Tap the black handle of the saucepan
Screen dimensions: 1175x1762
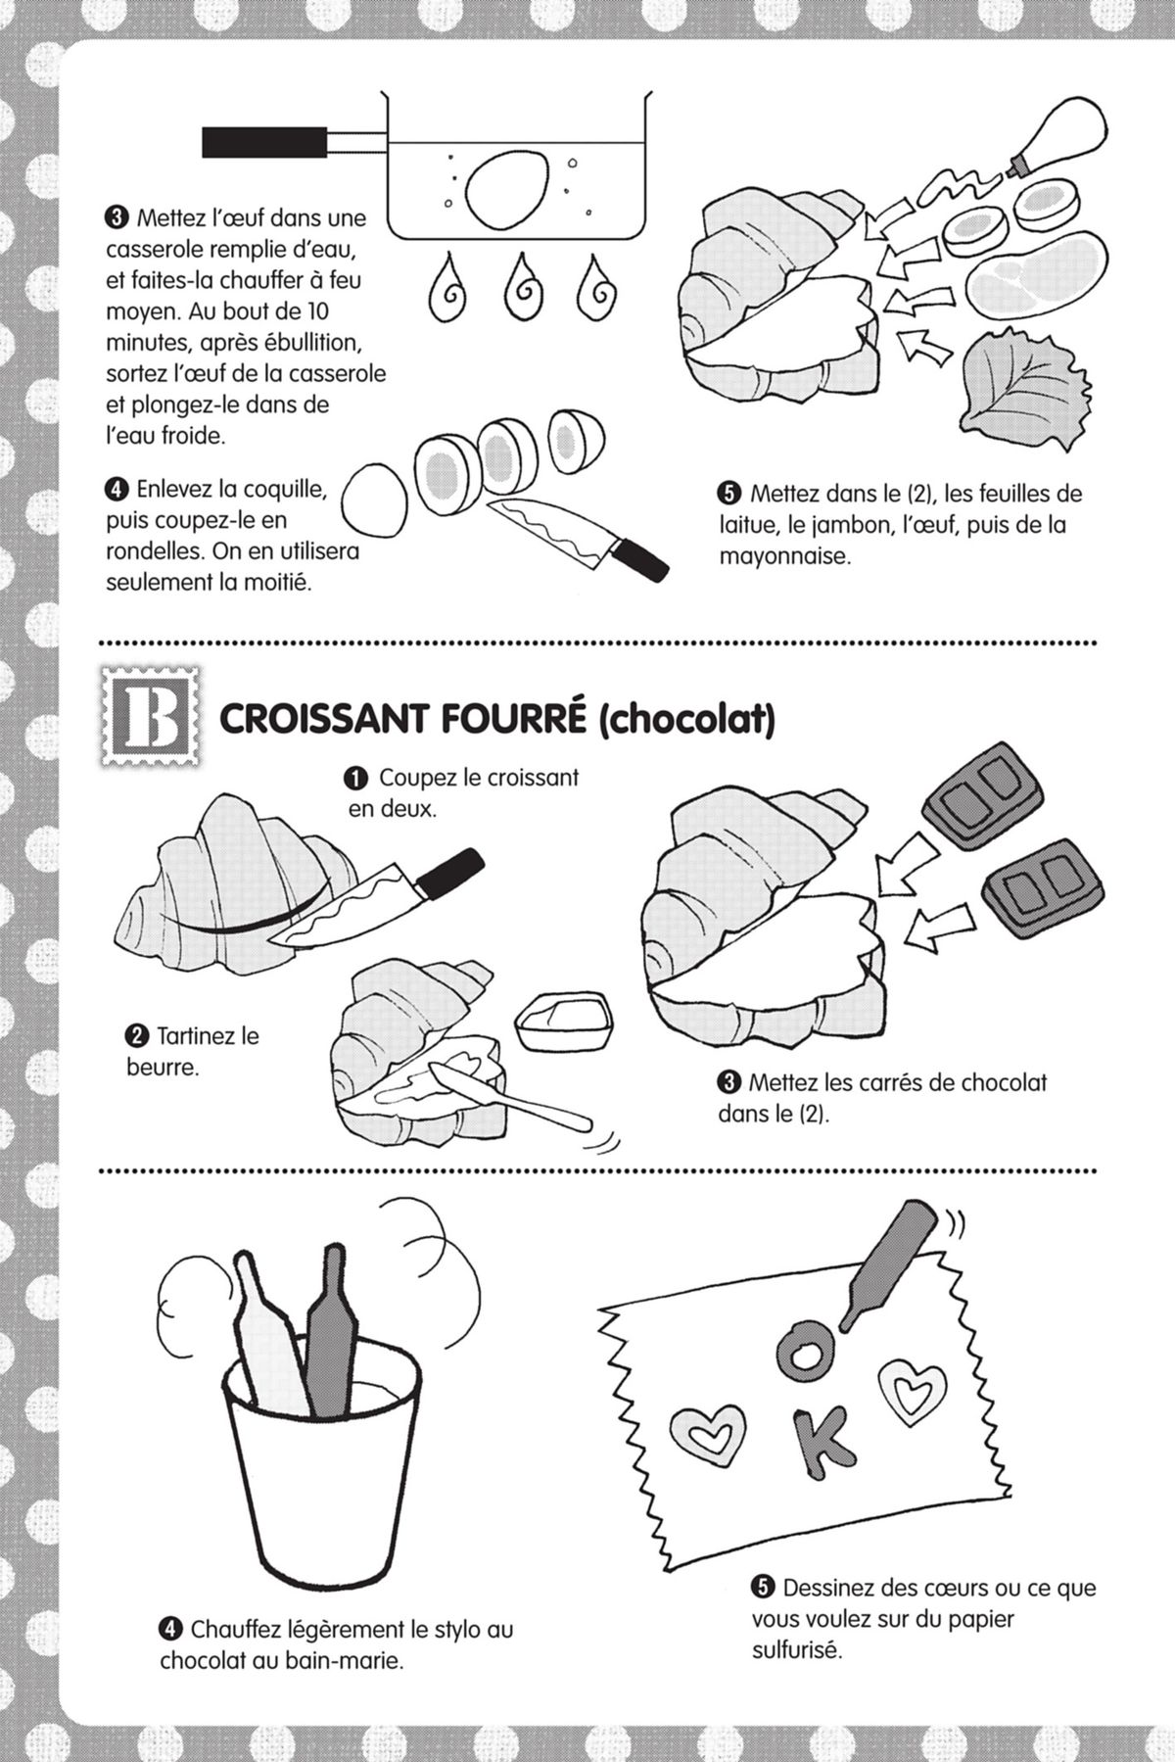pyautogui.click(x=264, y=142)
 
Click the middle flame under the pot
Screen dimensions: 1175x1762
pyautogui.click(x=521, y=289)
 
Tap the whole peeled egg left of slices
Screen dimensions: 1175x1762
pyautogui.click(x=373, y=501)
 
